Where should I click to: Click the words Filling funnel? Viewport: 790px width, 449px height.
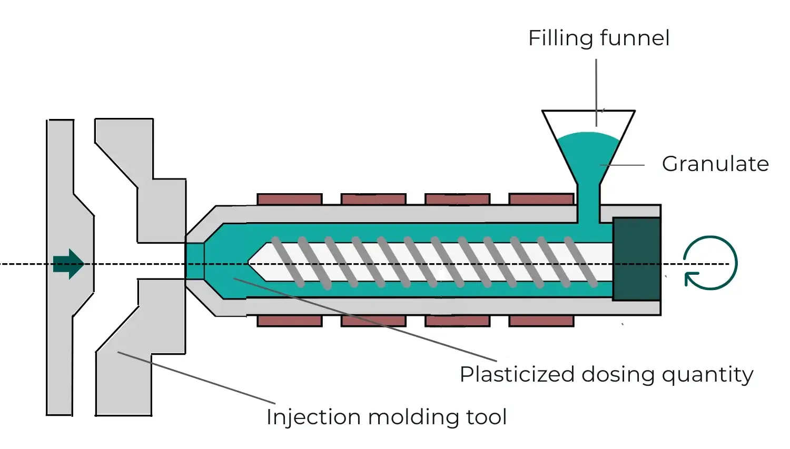(599, 38)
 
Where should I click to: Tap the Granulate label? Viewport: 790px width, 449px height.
(715, 164)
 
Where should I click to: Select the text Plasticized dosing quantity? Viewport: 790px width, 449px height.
(606, 374)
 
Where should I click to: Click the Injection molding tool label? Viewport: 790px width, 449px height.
(387, 417)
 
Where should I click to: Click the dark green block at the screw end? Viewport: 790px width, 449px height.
(636, 259)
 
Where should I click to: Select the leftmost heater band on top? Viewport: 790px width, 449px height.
(289, 199)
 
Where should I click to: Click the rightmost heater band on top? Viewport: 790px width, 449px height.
(541, 199)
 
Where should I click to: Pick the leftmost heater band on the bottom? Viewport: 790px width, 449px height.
(289, 321)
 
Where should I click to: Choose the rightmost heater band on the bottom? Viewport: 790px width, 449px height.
(541, 321)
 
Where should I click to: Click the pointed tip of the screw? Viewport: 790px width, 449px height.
(251, 263)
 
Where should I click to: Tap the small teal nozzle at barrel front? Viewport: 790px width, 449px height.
(194, 261)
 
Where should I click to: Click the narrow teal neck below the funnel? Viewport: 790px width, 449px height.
(588, 203)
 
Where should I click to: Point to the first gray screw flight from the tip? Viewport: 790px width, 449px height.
(287, 262)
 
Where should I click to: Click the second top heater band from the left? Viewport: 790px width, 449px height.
(373, 199)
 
